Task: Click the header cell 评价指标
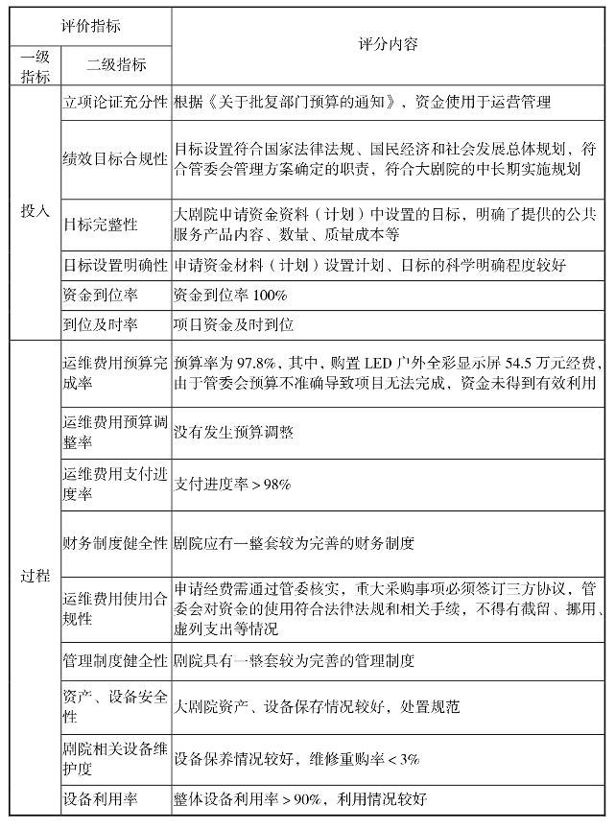[91, 26]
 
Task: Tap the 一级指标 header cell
[35, 66]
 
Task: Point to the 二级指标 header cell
[116, 65]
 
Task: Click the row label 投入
[35, 210]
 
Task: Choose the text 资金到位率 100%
[230, 295]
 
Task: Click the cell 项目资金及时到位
[234, 325]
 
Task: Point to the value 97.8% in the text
[256, 364]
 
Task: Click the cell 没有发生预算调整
[234, 432]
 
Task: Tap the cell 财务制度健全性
[115, 543]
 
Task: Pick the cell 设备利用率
[100, 798]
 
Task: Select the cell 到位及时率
[100, 325]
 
